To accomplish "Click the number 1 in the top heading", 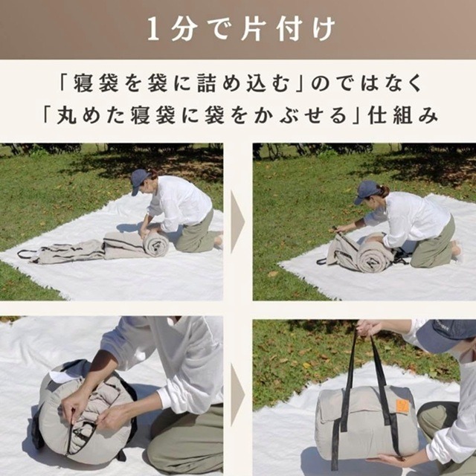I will [x=153, y=30].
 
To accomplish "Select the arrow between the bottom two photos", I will [x=237, y=393].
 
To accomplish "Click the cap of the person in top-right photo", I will [x=367, y=191].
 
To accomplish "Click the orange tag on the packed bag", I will [x=402, y=406].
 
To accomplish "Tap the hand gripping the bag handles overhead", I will [x=367, y=328].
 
